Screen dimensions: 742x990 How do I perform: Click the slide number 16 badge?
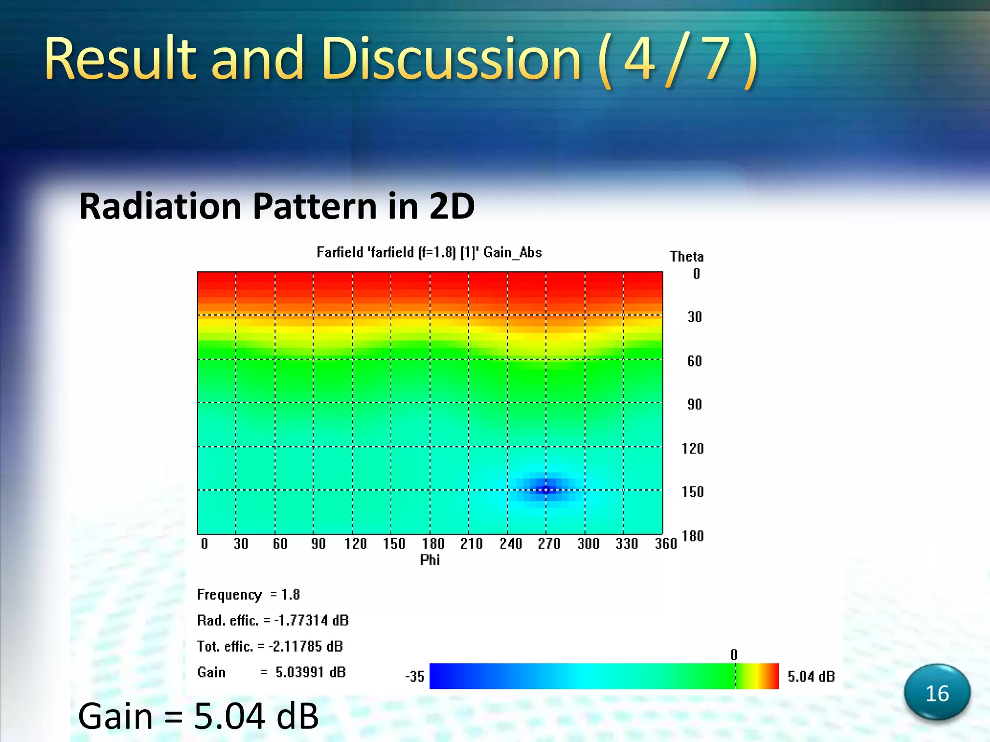pos(937,693)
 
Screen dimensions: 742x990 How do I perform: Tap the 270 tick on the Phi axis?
pos(549,544)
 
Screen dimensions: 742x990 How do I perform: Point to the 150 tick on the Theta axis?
pos(692,492)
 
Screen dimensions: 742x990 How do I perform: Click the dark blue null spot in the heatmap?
pos(546,489)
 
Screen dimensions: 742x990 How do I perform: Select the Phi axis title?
pos(430,560)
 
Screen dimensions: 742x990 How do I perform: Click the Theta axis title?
pos(686,257)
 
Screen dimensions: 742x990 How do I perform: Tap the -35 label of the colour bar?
pos(414,676)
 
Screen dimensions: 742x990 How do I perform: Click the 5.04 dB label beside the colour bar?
pos(811,676)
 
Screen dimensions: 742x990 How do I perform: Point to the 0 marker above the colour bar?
pos(734,655)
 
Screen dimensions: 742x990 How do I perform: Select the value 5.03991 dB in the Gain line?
pos(310,672)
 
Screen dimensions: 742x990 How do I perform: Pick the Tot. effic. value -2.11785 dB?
pos(306,646)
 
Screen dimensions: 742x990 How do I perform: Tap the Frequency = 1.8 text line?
pos(248,595)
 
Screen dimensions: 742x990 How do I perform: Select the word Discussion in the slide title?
pos(451,60)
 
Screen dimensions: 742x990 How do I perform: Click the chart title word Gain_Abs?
pos(512,253)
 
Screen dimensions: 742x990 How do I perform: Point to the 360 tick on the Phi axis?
pos(665,544)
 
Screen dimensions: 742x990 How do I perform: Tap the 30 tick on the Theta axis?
pos(695,317)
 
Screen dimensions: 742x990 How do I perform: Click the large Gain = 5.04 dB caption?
pos(198,716)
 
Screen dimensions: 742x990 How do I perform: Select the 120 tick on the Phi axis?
pos(355,544)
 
